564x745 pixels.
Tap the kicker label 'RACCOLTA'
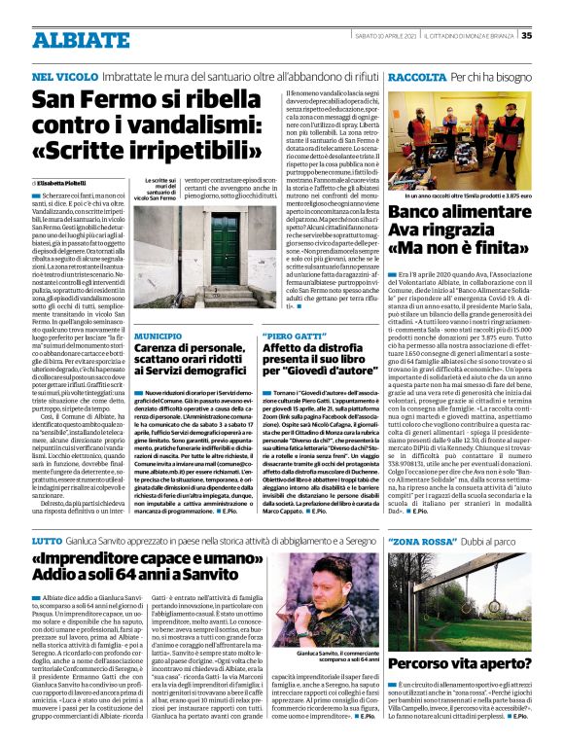[415, 75]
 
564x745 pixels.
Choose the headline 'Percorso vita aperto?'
[460, 663]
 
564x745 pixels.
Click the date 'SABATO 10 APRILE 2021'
[380, 36]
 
